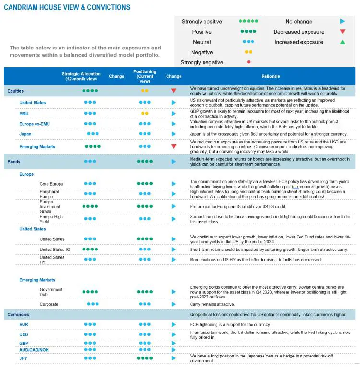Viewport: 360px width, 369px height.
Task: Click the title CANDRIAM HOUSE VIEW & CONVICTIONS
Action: point(67,8)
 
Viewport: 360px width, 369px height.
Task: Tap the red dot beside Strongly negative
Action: point(248,62)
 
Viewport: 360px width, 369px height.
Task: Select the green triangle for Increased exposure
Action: point(342,42)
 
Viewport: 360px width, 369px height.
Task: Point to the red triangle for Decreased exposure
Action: point(342,32)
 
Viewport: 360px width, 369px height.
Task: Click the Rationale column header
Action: point(271,76)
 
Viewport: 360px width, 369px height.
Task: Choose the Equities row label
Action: point(15,91)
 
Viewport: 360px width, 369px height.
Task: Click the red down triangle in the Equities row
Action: point(174,91)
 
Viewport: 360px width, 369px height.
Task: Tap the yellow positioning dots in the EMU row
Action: point(144,113)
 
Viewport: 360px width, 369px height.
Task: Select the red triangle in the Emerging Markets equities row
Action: point(174,146)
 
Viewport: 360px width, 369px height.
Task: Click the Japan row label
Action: point(25,134)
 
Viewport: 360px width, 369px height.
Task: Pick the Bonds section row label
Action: point(14,162)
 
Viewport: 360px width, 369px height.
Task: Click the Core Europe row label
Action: point(51,184)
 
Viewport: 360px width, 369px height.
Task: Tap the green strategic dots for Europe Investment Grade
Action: point(90,206)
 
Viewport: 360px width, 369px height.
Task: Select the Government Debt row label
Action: point(51,292)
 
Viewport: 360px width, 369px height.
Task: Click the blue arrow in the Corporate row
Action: point(174,304)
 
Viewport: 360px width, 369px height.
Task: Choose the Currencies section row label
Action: point(18,315)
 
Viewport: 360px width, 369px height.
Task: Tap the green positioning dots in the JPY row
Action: point(144,358)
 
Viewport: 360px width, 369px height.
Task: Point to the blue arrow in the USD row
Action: point(174,334)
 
